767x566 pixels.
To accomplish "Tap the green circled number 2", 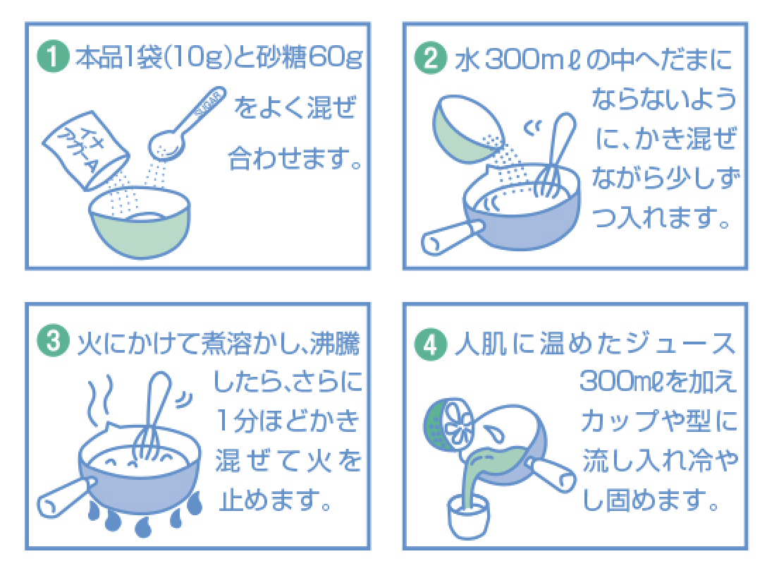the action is pos(431,59).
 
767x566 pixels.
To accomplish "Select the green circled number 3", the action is pos(53,341).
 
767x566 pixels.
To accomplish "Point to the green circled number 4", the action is pos(431,344).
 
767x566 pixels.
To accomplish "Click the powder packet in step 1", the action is pos(86,150).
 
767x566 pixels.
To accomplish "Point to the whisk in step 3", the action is pos(152,416).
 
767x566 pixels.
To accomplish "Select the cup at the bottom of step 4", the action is pos(469,517).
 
